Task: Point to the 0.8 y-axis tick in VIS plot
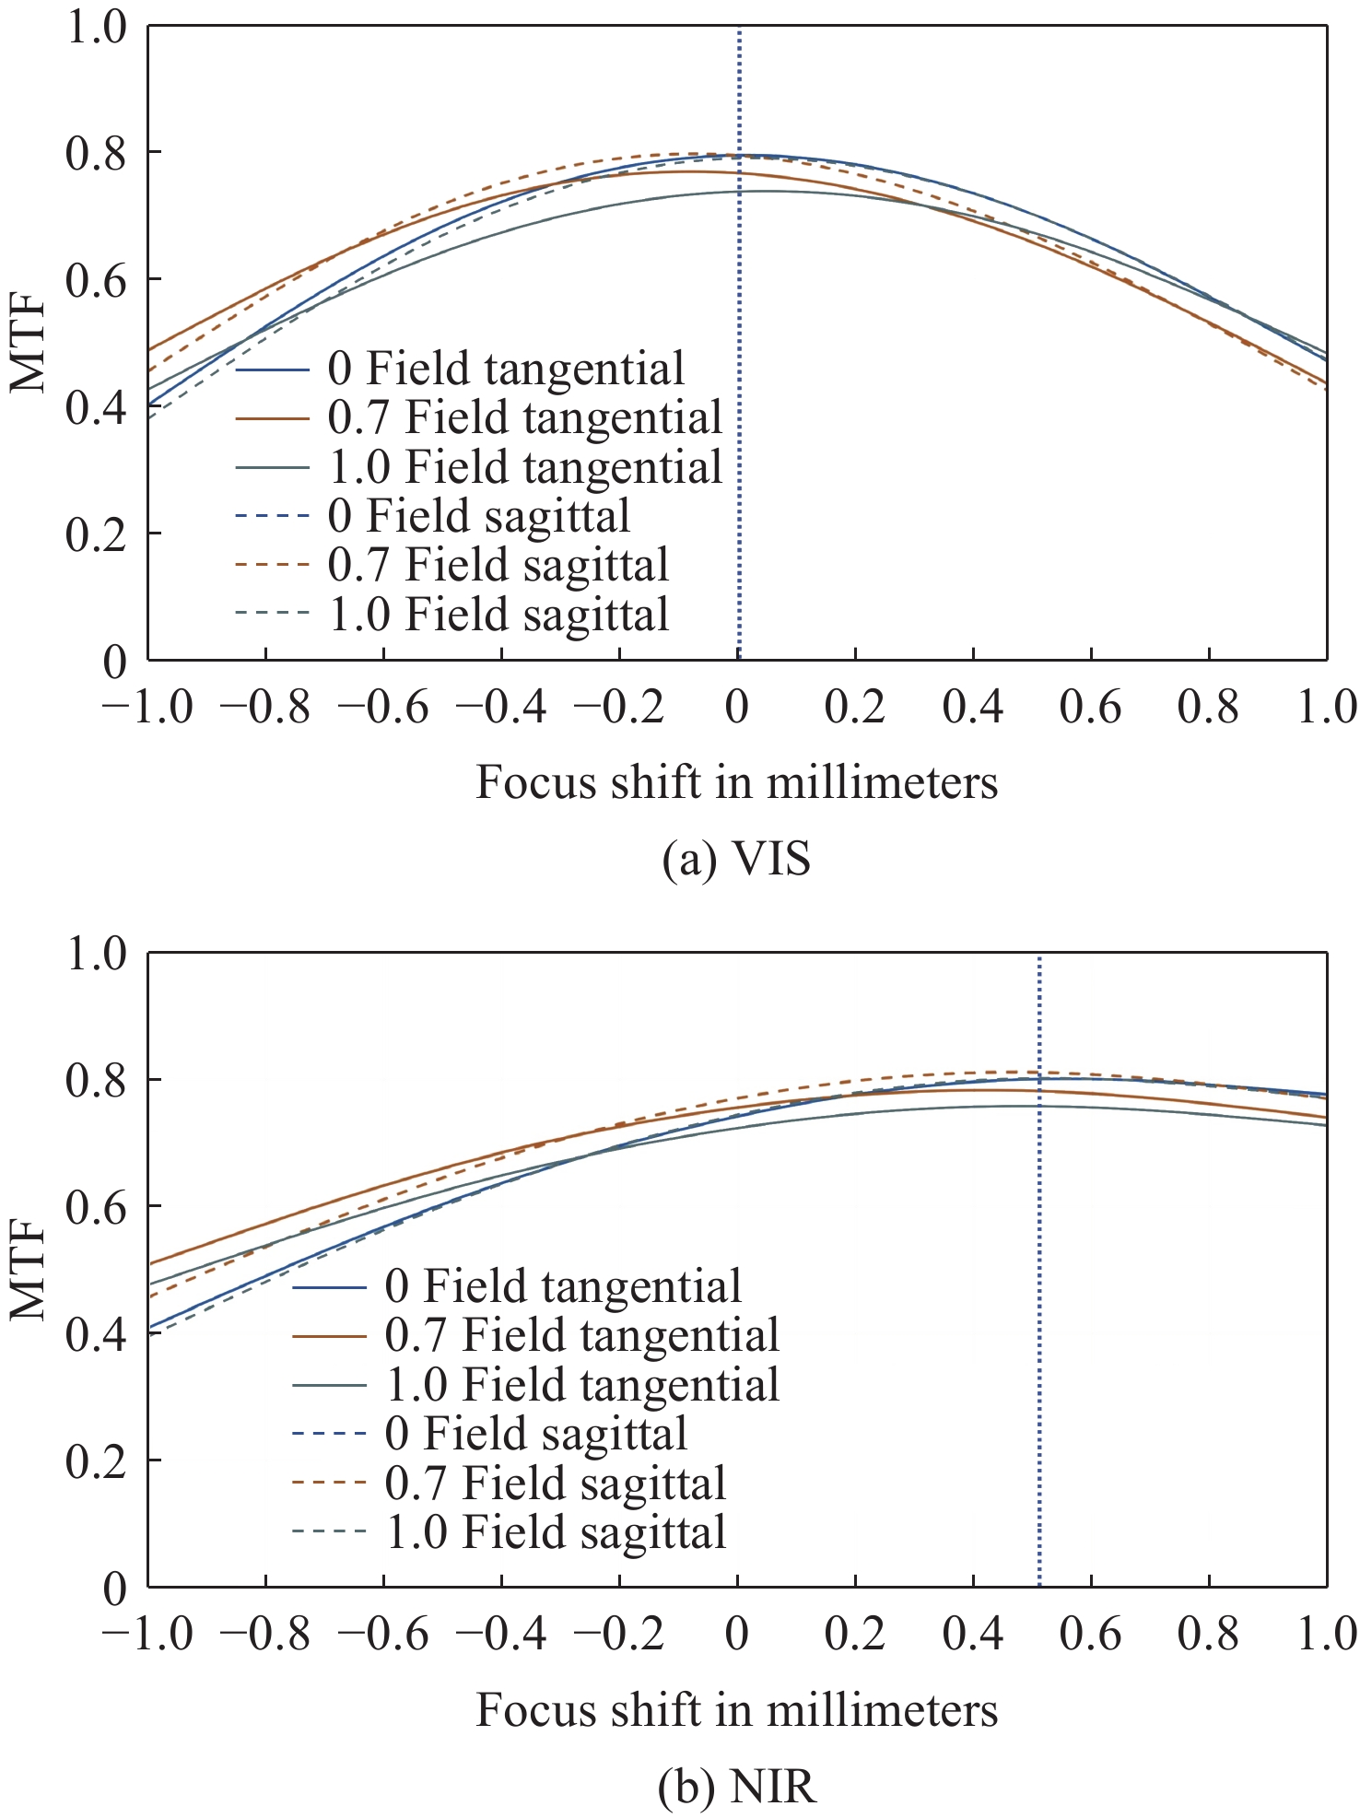[96, 152]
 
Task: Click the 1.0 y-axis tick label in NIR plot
[96, 955]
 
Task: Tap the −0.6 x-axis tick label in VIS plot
[383, 708]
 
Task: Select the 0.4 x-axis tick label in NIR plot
[973, 1634]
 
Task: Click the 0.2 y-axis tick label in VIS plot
[96, 534]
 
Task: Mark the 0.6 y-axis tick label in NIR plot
[96, 1207]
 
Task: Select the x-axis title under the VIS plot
[736, 783]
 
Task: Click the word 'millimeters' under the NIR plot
[883, 1710]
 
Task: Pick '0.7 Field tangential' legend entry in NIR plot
[581, 1335]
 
